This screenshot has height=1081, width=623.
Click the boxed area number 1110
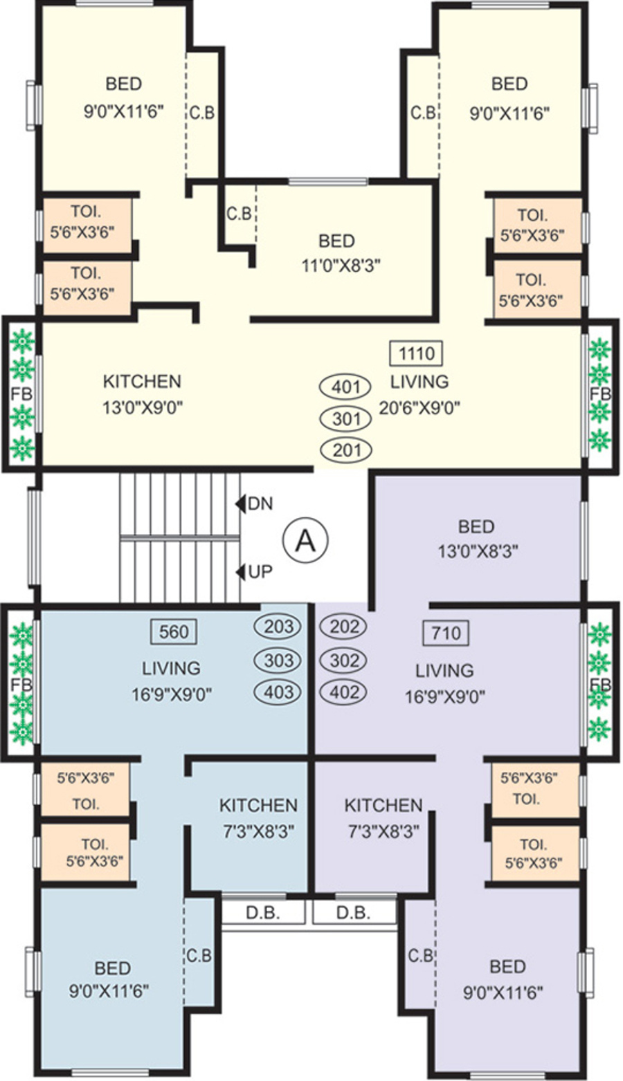417,354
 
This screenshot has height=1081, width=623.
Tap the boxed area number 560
174,631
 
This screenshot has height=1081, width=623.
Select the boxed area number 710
445,633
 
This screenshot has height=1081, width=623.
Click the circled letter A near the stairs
305,540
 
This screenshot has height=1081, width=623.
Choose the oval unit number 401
345,386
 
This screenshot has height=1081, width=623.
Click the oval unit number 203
279,627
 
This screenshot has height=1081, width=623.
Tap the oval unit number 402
345,692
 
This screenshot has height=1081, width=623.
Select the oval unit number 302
345,660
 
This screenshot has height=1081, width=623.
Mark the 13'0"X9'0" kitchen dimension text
142,407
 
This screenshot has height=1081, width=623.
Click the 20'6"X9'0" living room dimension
419,407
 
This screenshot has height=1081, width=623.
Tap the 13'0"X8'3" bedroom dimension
478,551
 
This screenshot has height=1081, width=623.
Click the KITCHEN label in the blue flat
258,805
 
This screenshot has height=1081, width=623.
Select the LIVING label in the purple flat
445,670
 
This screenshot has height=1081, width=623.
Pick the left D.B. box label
263,913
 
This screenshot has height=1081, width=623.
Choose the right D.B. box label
354,913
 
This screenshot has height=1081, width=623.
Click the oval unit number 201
346,450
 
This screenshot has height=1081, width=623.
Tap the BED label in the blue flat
113,968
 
